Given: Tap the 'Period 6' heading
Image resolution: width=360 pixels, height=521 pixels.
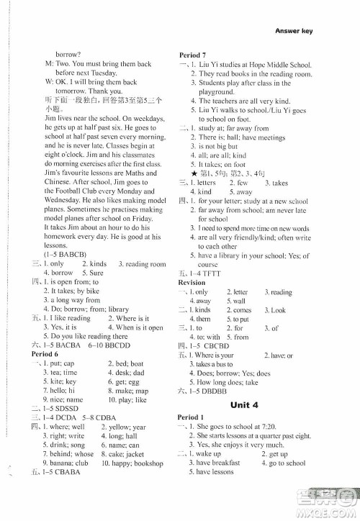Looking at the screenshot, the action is pos(45,354).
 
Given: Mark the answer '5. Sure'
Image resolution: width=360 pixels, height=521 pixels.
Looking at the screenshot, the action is pos(93,273).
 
